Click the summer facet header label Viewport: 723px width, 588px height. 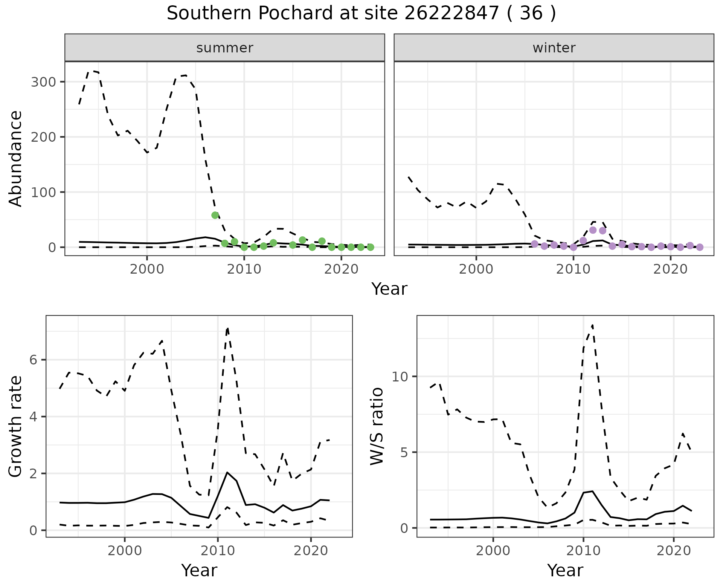coord(225,48)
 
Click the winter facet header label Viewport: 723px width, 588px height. coord(554,48)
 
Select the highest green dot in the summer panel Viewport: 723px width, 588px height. coord(215,215)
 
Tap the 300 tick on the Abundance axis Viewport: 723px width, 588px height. coord(43,82)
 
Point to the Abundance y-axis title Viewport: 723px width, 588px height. coord(16,159)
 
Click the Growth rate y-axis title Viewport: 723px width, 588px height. coord(16,427)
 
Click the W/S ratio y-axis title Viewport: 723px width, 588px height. coord(377,426)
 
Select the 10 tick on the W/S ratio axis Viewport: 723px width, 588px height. coord(400,377)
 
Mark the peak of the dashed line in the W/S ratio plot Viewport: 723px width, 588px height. coord(592,325)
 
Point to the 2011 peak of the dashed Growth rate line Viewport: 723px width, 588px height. coord(227,328)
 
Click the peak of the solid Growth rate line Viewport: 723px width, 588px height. coord(227,472)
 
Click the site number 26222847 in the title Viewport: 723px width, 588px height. coord(452,14)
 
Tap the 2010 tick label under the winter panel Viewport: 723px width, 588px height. coord(573,270)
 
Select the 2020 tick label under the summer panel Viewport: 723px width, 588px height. coord(341,270)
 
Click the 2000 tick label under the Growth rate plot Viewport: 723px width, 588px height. coord(125,551)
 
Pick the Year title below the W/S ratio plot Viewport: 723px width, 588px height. coord(565,570)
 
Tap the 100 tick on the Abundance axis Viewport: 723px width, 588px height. coord(43,192)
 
